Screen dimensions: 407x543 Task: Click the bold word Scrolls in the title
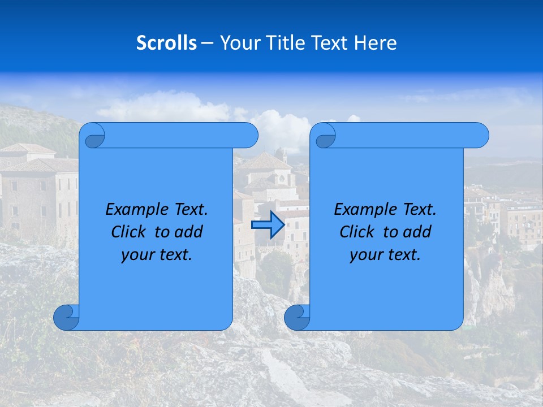166,43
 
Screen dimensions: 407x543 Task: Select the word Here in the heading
376,43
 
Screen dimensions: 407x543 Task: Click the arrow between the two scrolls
268,224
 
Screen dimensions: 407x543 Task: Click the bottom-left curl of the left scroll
66,318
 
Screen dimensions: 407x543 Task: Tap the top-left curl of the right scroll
325,136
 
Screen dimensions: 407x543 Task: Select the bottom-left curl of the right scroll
297,318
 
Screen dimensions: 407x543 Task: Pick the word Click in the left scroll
128,232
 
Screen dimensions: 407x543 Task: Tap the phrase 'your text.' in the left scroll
157,254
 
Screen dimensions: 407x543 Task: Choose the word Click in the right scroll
356,232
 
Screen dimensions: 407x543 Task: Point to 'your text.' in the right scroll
385,254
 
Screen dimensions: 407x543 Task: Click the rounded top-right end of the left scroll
249,135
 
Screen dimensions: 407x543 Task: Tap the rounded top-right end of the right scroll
480,135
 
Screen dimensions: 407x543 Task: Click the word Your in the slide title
238,43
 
